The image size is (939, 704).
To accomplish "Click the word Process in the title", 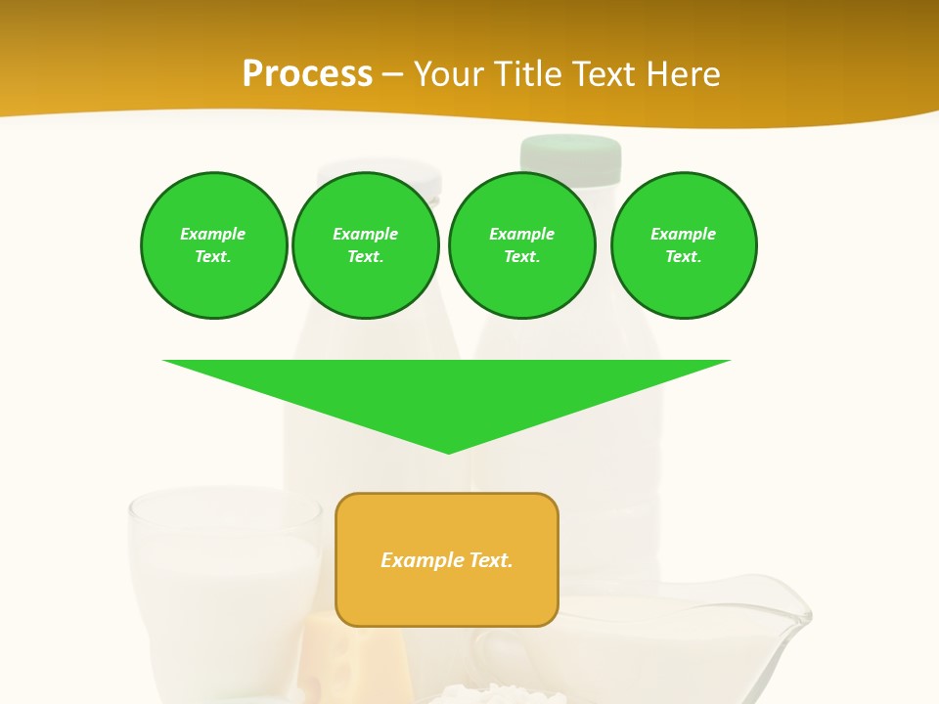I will [x=307, y=73].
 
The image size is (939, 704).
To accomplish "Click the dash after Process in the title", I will [x=392, y=74].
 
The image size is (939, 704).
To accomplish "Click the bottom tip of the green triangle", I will [x=449, y=452].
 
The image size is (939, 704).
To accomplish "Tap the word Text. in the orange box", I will [x=491, y=560].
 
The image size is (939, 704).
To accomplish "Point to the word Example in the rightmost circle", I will [x=683, y=234].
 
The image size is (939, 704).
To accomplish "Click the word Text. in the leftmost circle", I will [x=213, y=256].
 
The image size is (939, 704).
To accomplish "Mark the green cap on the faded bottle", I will [x=571, y=156].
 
